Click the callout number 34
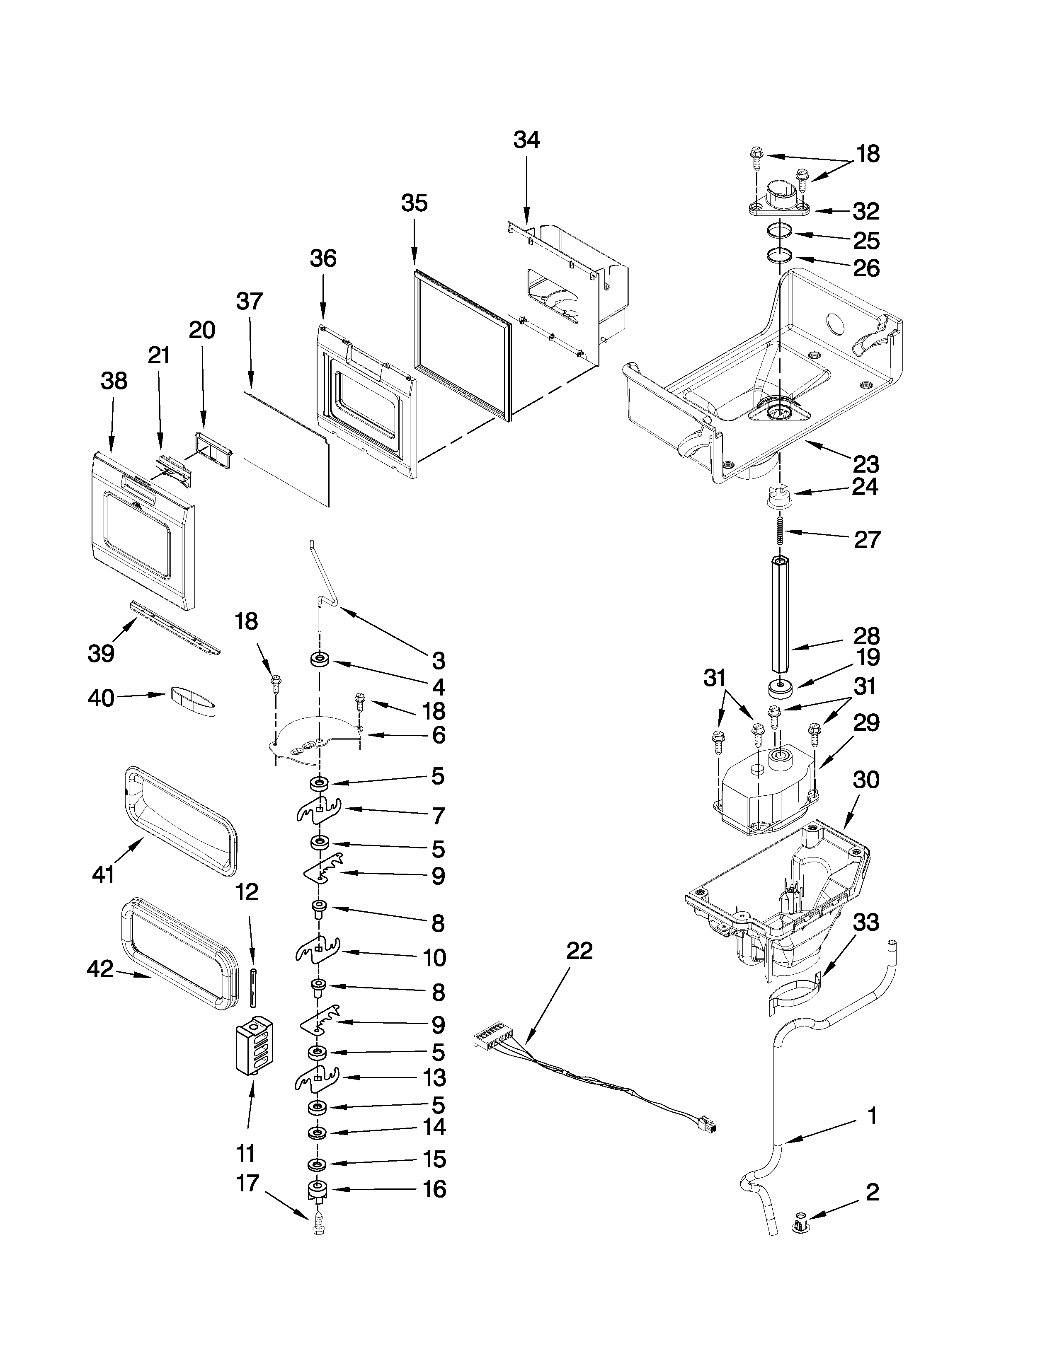point(526,140)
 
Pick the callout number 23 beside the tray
point(866,464)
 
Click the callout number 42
point(100,970)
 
